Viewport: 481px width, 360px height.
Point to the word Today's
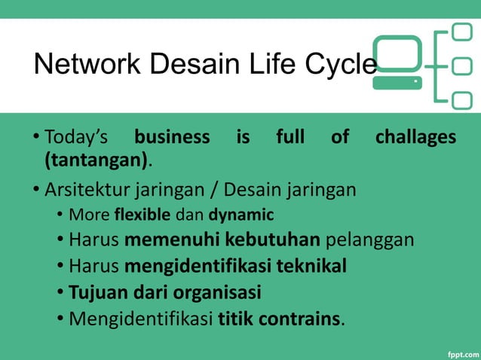(x=76, y=137)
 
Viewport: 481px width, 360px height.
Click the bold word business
(x=172, y=137)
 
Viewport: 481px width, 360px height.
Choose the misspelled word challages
(x=415, y=137)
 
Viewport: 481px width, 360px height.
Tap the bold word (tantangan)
(x=97, y=160)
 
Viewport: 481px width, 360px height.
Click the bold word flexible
(x=142, y=215)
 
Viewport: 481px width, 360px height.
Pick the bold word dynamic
(x=241, y=215)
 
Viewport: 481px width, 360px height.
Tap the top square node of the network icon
(x=461, y=32)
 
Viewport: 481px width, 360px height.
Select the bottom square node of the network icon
(x=461, y=98)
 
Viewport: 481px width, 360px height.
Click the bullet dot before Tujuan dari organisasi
(x=60, y=292)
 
